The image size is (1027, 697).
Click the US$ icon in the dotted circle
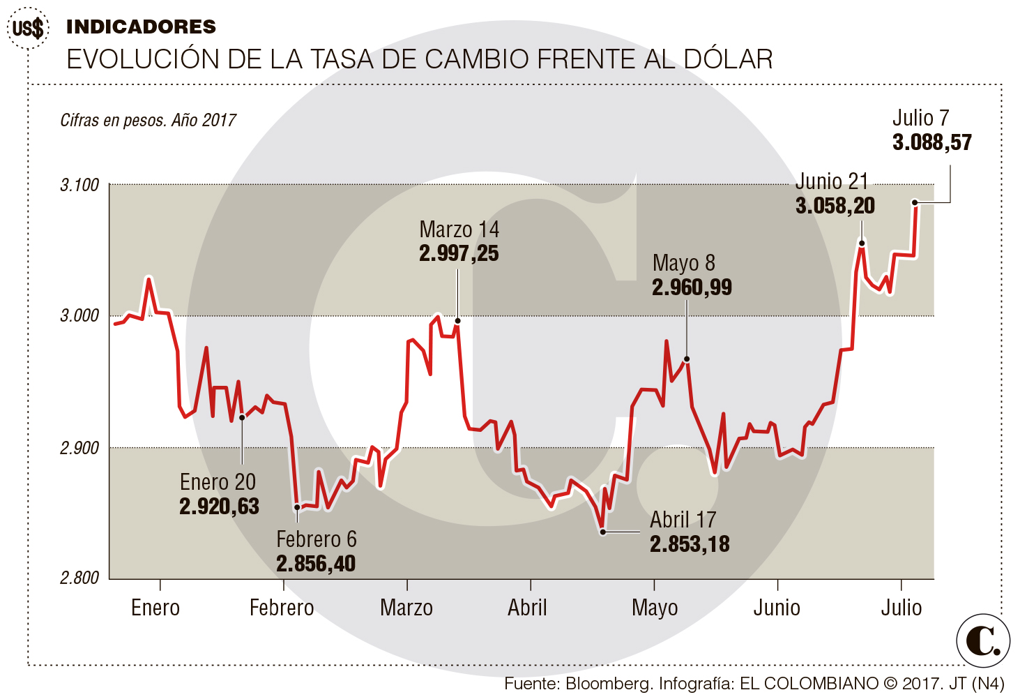point(28,29)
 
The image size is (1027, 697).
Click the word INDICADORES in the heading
point(141,27)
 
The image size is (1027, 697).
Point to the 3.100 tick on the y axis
point(79,185)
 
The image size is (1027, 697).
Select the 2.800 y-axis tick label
point(79,578)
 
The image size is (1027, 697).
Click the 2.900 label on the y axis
point(79,447)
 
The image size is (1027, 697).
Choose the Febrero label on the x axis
point(282,608)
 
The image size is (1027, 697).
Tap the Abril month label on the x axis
point(527,608)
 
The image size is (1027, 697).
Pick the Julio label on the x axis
point(901,608)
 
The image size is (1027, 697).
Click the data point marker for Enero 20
point(242,417)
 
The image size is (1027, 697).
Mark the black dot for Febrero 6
point(297,507)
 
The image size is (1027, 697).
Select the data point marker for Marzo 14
point(457,321)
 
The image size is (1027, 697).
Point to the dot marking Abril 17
point(602,532)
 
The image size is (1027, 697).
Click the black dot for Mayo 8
point(687,359)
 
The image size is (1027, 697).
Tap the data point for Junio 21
point(862,243)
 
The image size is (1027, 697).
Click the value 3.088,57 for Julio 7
point(931,142)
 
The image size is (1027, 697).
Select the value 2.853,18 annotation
point(690,544)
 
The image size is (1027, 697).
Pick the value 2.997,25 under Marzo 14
point(459,253)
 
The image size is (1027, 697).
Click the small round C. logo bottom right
point(983,640)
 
